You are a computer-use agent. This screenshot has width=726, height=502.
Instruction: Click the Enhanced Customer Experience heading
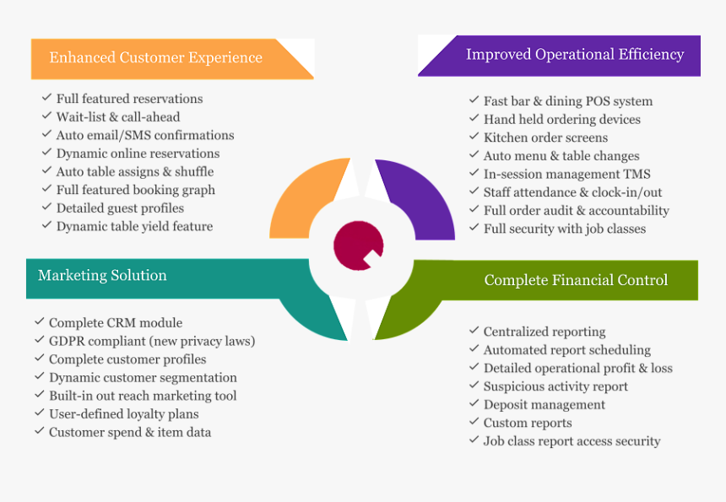click(155, 58)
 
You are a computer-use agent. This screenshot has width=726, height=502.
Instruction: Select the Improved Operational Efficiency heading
click(575, 55)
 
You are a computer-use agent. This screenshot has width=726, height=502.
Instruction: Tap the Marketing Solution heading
click(102, 276)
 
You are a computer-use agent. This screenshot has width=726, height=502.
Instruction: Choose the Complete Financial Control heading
click(576, 280)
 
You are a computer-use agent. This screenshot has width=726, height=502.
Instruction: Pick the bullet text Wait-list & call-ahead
click(118, 117)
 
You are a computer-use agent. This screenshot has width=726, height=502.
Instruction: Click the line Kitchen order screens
click(545, 138)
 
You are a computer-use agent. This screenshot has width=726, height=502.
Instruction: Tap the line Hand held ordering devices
click(561, 120)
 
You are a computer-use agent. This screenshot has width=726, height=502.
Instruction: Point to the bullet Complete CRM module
click(116, 323)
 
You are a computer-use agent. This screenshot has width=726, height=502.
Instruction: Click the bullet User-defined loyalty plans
click(124, 414)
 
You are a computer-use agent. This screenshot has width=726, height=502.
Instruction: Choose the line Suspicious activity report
click(555, 386)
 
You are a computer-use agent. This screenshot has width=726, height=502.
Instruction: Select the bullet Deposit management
click(544, 405)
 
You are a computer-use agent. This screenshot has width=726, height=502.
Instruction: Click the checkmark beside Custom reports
click(474, 422)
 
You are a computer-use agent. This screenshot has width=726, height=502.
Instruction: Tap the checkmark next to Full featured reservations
click(46, 98)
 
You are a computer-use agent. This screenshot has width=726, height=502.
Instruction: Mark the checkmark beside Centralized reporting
click(474, 331)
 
